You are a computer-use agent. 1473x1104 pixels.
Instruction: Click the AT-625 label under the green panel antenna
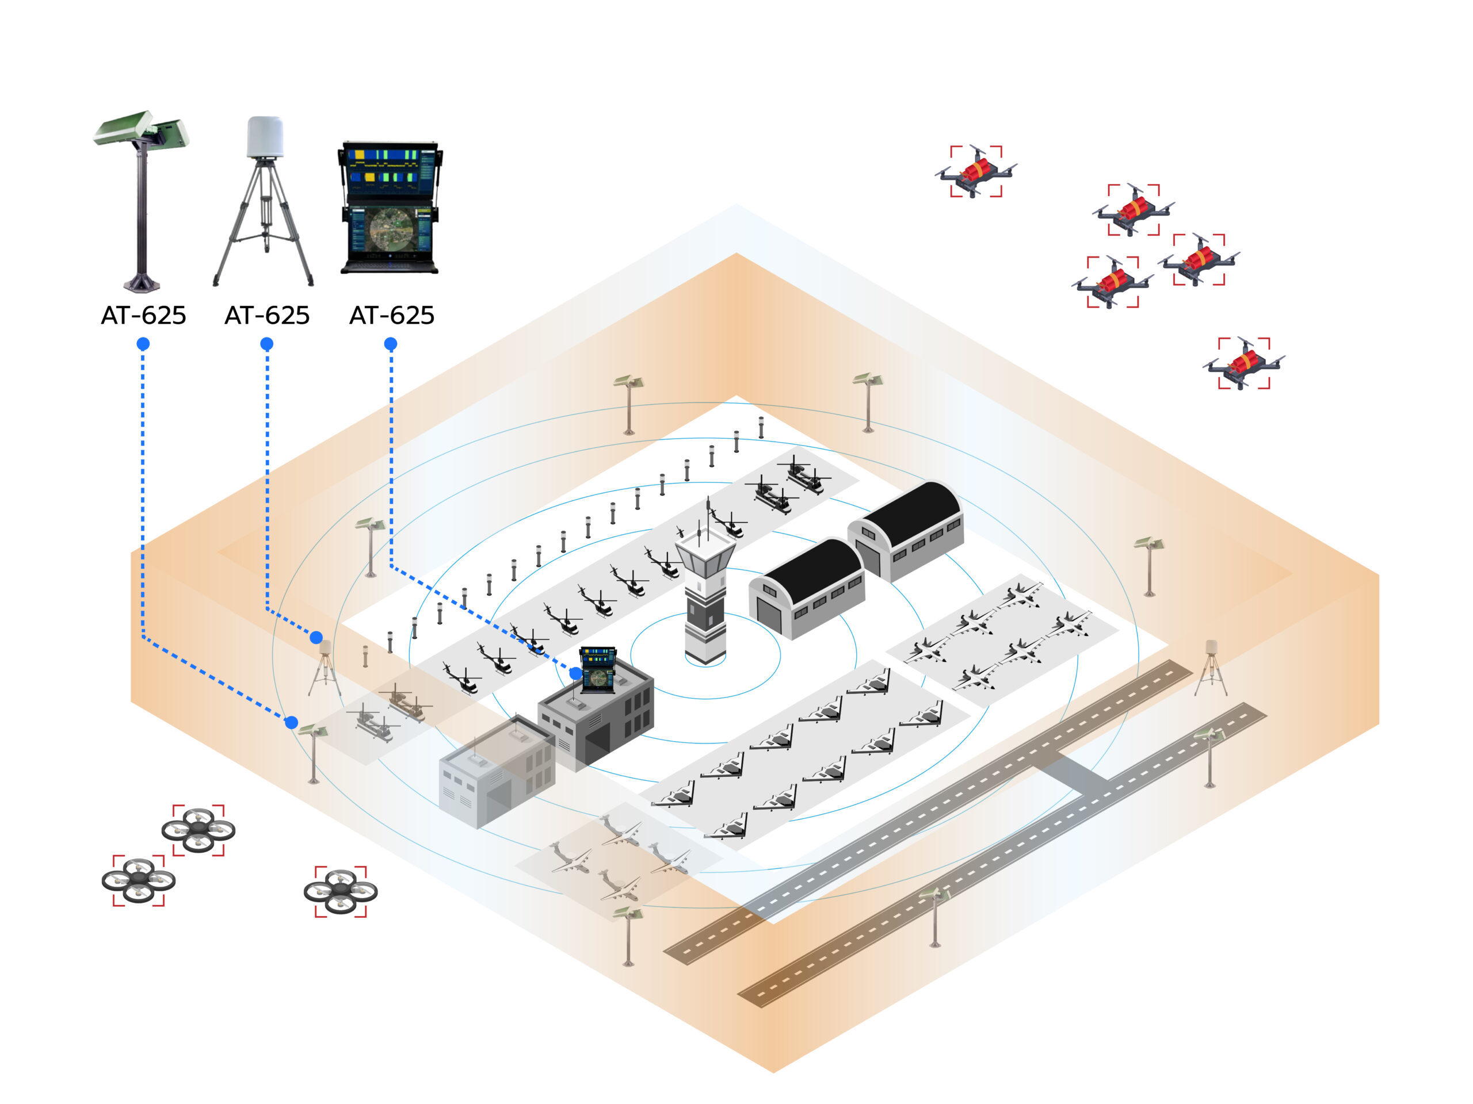click(143, 316)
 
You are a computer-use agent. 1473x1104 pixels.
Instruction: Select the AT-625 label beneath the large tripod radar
click(267, 316)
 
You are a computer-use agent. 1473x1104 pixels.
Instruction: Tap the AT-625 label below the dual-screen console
click(392, 316)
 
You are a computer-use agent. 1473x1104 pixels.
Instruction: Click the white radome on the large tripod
click(265, 136)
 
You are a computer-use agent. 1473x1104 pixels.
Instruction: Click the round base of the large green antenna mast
click(141, 284)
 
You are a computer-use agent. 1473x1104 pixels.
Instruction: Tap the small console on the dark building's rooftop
click(598, 669)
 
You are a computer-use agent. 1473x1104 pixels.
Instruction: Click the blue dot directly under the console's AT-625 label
click(391, 344)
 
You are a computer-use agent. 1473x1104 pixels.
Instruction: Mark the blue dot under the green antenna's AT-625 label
click(143, 344)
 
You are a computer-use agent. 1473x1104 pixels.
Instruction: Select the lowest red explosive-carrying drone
click(1244, 363)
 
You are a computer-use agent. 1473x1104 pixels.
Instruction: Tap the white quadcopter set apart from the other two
click(340, 892)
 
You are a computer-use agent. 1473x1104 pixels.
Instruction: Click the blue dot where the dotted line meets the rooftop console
click(576, 674)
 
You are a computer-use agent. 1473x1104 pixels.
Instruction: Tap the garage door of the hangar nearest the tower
click(769, 614)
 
